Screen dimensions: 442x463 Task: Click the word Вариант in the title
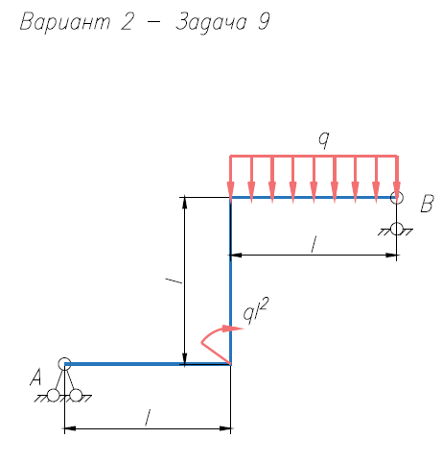pyautogui.click(x=65, y=22)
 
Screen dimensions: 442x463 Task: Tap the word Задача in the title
pyautogui.click(x=211, y=23)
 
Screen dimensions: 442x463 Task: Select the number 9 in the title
pyautogui.click(x=264, y=22)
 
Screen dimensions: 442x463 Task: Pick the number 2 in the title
pyautogui.click(x=127, y=22)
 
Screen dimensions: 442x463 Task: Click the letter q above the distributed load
pyautogui.click(x=323, y=140)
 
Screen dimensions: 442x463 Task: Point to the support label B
pyautogui.click(x=427, y=204)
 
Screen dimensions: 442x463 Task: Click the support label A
pyautogui.click(x=36, y=377)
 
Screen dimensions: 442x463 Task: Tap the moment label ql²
pyautogui.click(x=255, y=311)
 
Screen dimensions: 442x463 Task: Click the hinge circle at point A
pyautogui.click(x=64, y=364)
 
